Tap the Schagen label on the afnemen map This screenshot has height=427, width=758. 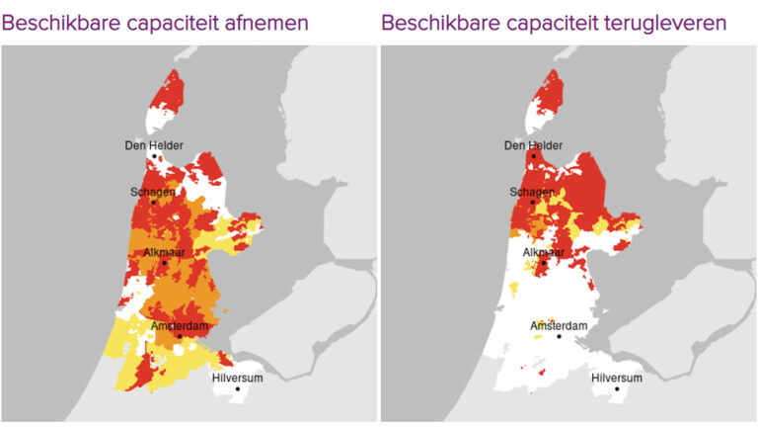[x=153, y=191]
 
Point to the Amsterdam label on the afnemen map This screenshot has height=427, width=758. [x=179, y=325]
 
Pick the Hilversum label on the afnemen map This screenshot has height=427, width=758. [x=237, y=378]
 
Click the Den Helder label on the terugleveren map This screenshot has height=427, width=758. [x=533, y=145]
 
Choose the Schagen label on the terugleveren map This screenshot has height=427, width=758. [x=532, y=191]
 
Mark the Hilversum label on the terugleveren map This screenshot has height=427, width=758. [x=616, y=378]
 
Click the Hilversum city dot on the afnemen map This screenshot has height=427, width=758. [x=238, y=388]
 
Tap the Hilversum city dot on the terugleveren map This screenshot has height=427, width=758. [x=617, y=388]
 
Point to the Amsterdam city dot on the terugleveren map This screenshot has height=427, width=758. [x=559, y=336]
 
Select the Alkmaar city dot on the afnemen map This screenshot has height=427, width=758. [x=164, y=263]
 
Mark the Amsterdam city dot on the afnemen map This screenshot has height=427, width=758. [x=180, y=336]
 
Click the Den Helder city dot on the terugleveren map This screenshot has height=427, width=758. [x=534, y=155]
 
